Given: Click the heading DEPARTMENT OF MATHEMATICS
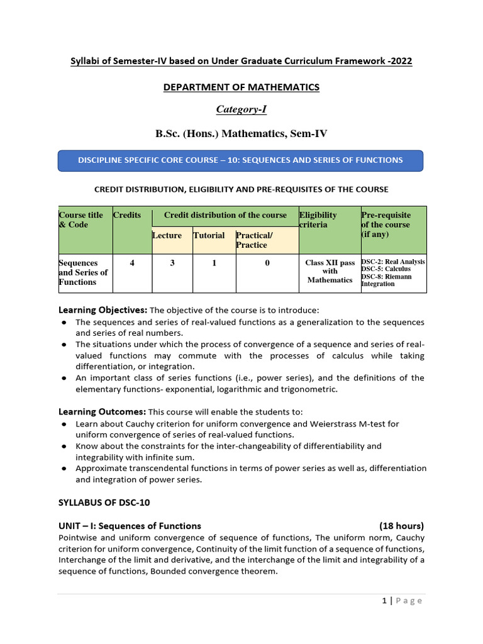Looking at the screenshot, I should pyautogui.click(x=241, y=87).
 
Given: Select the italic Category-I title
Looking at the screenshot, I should pyautogui.click(x=241, y=109).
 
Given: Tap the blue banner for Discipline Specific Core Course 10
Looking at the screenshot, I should pyautogui.click(x=240, y=160).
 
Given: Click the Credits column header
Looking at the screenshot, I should pyautogui.click(x=127, y=215).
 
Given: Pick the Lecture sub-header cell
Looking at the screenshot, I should pyautogui.click(x=167, y=235).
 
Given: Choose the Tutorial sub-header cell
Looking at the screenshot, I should pyautogui.click(x=209, y=235).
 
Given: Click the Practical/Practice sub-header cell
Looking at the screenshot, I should pyautogui.click(x=252, y=240).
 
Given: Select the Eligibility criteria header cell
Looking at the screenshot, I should pyautogui.click(x=318, y=219).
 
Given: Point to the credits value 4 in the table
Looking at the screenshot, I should pyautogui.click(x=132, y=263).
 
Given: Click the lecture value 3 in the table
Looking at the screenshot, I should pyautogui.click(x=172, y=263).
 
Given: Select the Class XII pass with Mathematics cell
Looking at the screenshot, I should pyautogui.click(x=330, y=271).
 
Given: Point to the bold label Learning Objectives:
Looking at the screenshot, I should pyautogui.click(x=103, y=310).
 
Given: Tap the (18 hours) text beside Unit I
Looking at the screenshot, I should pyautogui.click(x=401, y=526).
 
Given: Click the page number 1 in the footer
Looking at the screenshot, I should pyautogui.click(x=384, y=601).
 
